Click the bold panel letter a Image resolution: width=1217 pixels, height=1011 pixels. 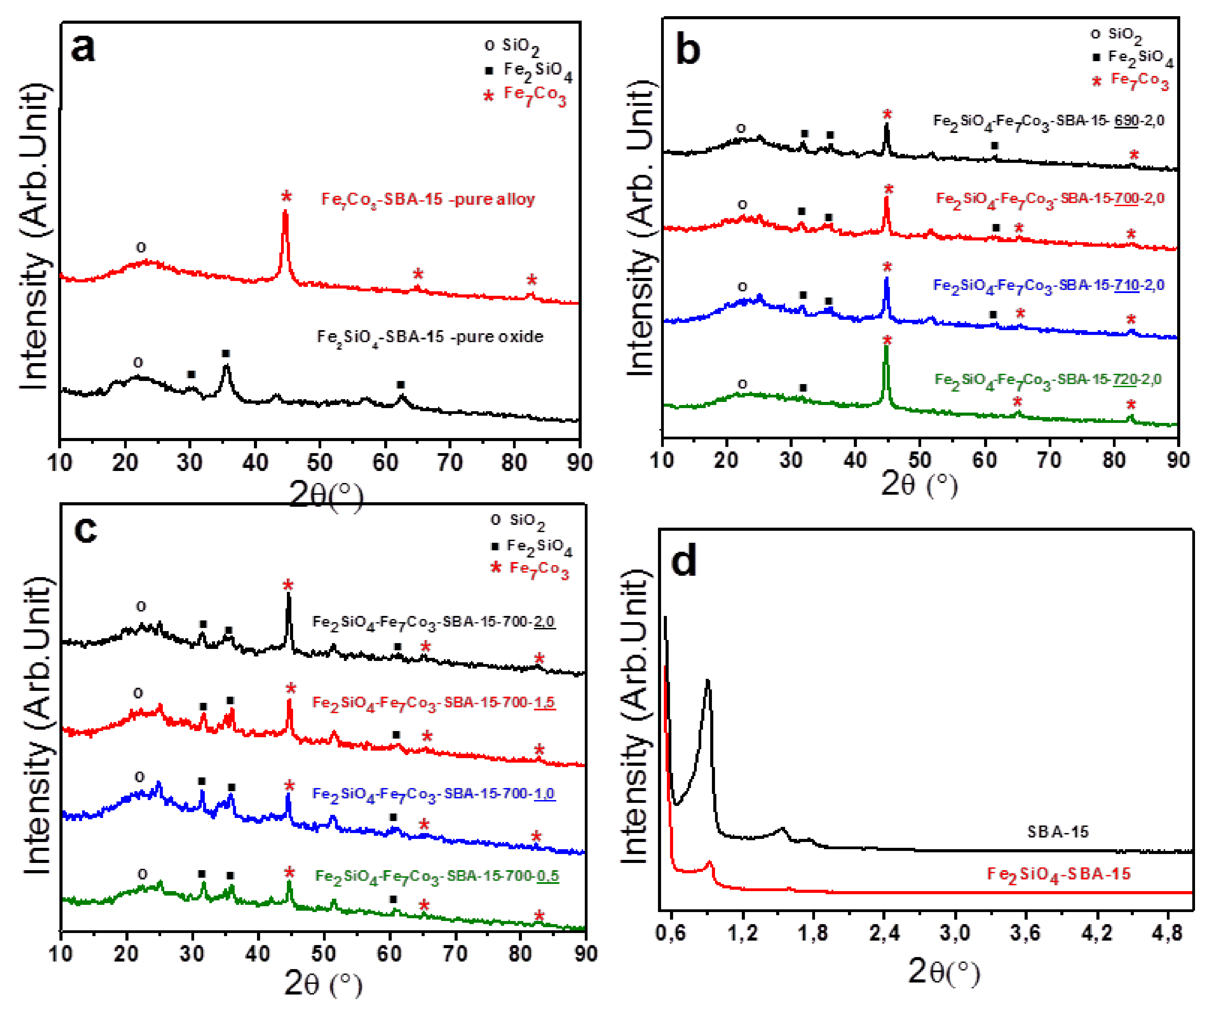(x=83, y=47)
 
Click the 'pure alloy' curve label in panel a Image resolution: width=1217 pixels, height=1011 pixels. (x=428, y=199)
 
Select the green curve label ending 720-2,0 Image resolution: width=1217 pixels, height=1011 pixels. (x=1048, y=380)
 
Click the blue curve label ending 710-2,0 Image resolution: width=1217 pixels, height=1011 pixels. (x=1048, y=285)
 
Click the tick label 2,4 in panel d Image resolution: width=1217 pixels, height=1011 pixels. (x=884, y=933)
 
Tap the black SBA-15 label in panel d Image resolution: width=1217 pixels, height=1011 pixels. (x=1058, y=832)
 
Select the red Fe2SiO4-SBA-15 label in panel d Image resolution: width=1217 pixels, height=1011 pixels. (x=1058, y=874)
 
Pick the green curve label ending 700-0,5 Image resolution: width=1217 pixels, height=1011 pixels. (x=437, y=875)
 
